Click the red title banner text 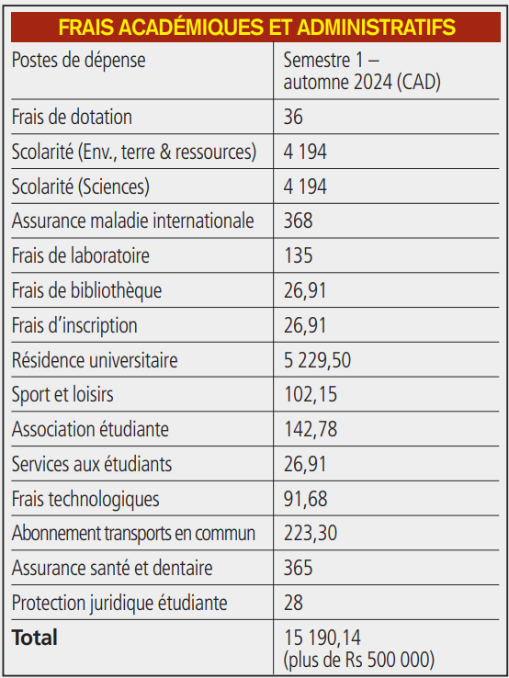pyautogui.click(x=257, y=28)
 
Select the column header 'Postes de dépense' pyautogui.click(x=79, y=60)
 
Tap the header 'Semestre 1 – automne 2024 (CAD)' pyautogui.click(x=362, y=71)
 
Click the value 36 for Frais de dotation pyautogui.click(x=293, y=117)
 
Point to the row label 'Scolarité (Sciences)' pyautogui.click(x=81, y=186)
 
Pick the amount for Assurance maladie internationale pyautogui.click(x=298, y=220)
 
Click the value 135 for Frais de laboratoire pyautogui.click(x=299, y=255)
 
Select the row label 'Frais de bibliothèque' pyautogui.click(x=86, y=290)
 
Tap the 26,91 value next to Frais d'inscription pyautogui.click(x=305, y=325)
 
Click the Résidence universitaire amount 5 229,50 pyautogui.click(x=317, y=360)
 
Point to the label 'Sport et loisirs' pyautogui.click(x=62, y=395)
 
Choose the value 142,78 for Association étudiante pyautogui.click(x=311, y=429)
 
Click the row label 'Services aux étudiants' pyautogui.click(x=92, y=464)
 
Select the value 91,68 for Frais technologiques pyautogui.click(x=305, y=499)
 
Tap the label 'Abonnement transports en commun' pyautogui.click(x=133, y=533)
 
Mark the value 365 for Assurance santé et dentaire pyautogui.click(x=298, y=568)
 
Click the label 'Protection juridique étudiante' pyautogui.click(x=119, y=604)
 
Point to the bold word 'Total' pyautogui.click(x=35, y=638)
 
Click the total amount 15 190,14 pyautogui.click(x=322, y=638)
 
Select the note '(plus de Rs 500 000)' pyautogui.click(x=359, y=660)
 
